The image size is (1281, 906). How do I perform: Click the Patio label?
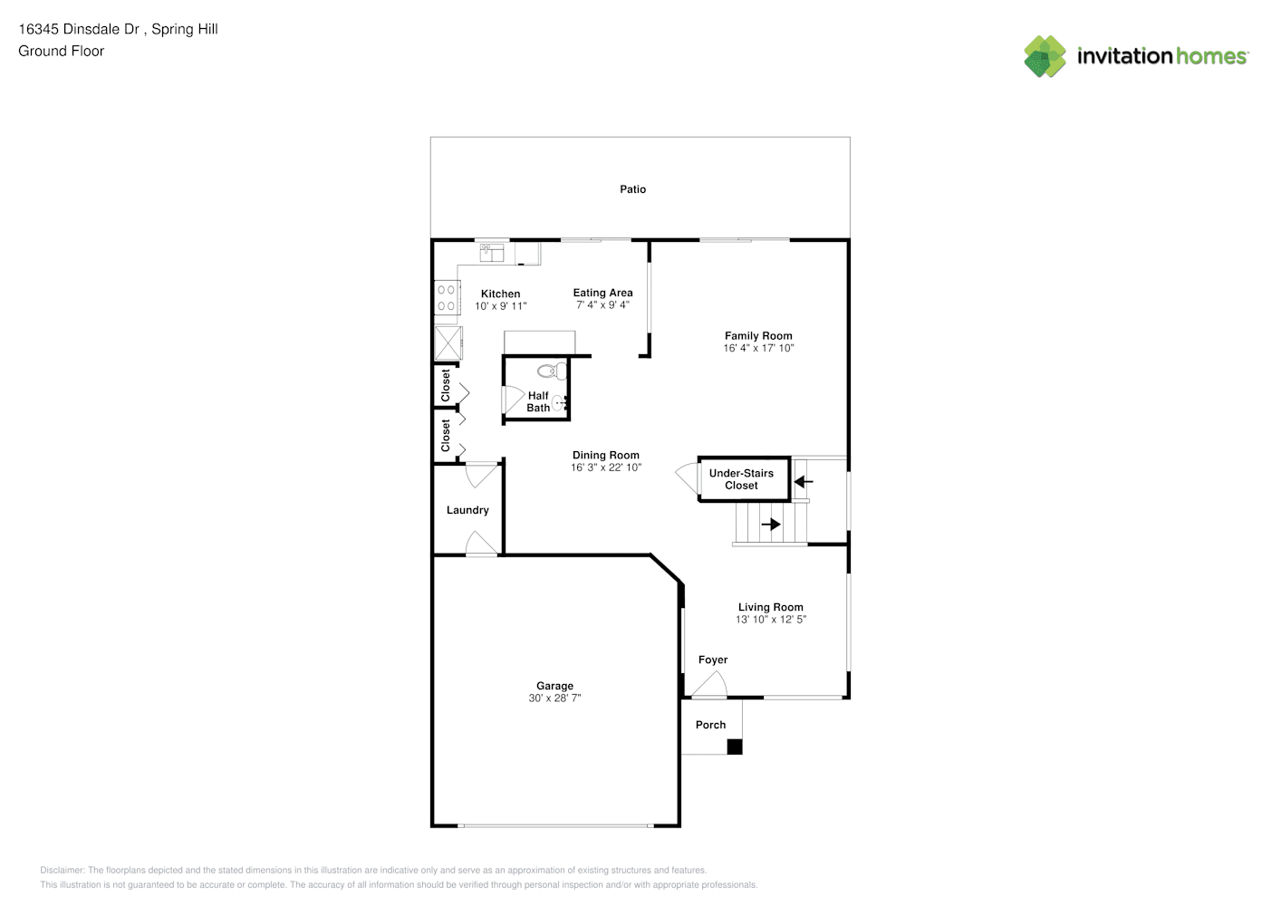click(632, 189)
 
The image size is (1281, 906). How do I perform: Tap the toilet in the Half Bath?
click(552, 371)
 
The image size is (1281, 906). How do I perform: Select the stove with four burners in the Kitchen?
click(447, 297)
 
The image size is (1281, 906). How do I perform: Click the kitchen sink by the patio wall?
click(492, 252)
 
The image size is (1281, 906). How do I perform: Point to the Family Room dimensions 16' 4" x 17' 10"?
click(758, 348)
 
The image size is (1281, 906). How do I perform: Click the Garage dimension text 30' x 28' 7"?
click(554, 698)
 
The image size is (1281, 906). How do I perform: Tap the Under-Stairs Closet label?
click(741, 479)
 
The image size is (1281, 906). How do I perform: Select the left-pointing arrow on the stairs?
click(804, 482)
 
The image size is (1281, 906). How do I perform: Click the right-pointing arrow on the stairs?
click(771, 524)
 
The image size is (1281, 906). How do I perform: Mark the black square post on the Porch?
click(735, 747)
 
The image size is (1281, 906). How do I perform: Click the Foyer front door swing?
click(709, 684)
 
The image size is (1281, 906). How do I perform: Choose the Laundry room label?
click(467, 510)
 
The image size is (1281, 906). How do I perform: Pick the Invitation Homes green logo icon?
click(1045, 56)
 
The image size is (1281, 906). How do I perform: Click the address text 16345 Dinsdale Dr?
click(80, 29)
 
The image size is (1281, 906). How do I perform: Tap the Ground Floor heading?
click(62, 51)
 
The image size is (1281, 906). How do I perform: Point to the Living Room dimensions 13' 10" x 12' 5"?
click(771, 620)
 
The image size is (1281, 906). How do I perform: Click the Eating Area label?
click(602, 293)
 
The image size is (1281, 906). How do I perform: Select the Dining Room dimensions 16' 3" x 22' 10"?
click(605, 467)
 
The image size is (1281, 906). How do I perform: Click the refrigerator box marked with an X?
click(448, 342)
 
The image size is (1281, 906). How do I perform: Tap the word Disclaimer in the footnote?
click(63, 870)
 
